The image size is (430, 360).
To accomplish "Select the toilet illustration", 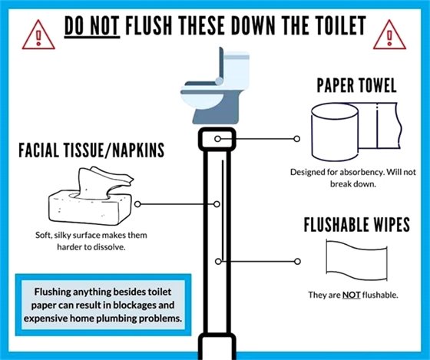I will (215, 84).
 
